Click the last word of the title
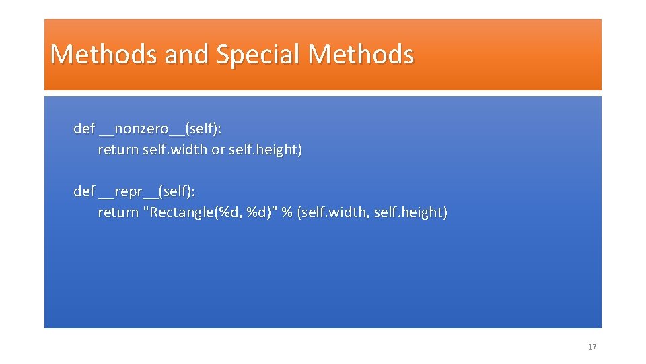361,55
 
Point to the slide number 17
592,347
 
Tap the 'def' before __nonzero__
84,129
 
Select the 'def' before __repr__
84,191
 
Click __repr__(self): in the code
147,192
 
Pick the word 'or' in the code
218,150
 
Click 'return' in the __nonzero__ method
118,150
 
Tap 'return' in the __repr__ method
118,212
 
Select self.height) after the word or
265,150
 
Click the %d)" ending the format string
262,212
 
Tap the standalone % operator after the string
287,212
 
